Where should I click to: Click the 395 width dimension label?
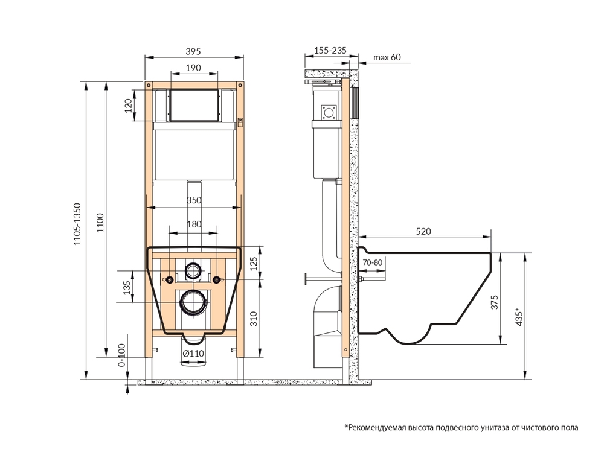tap(193, 51)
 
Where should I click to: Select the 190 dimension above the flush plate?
tap(193, 68)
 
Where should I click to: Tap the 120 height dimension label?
tap(128, 105)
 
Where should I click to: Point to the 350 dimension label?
tap(194, 200)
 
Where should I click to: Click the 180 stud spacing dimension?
tap(194, 224)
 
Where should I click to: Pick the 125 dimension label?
tap(254, 263)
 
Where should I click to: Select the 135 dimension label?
tap(127, 288)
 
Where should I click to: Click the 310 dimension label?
tap(254, 319)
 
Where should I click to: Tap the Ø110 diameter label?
tap(193, 354)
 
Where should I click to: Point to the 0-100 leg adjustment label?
tap(121, 355)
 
